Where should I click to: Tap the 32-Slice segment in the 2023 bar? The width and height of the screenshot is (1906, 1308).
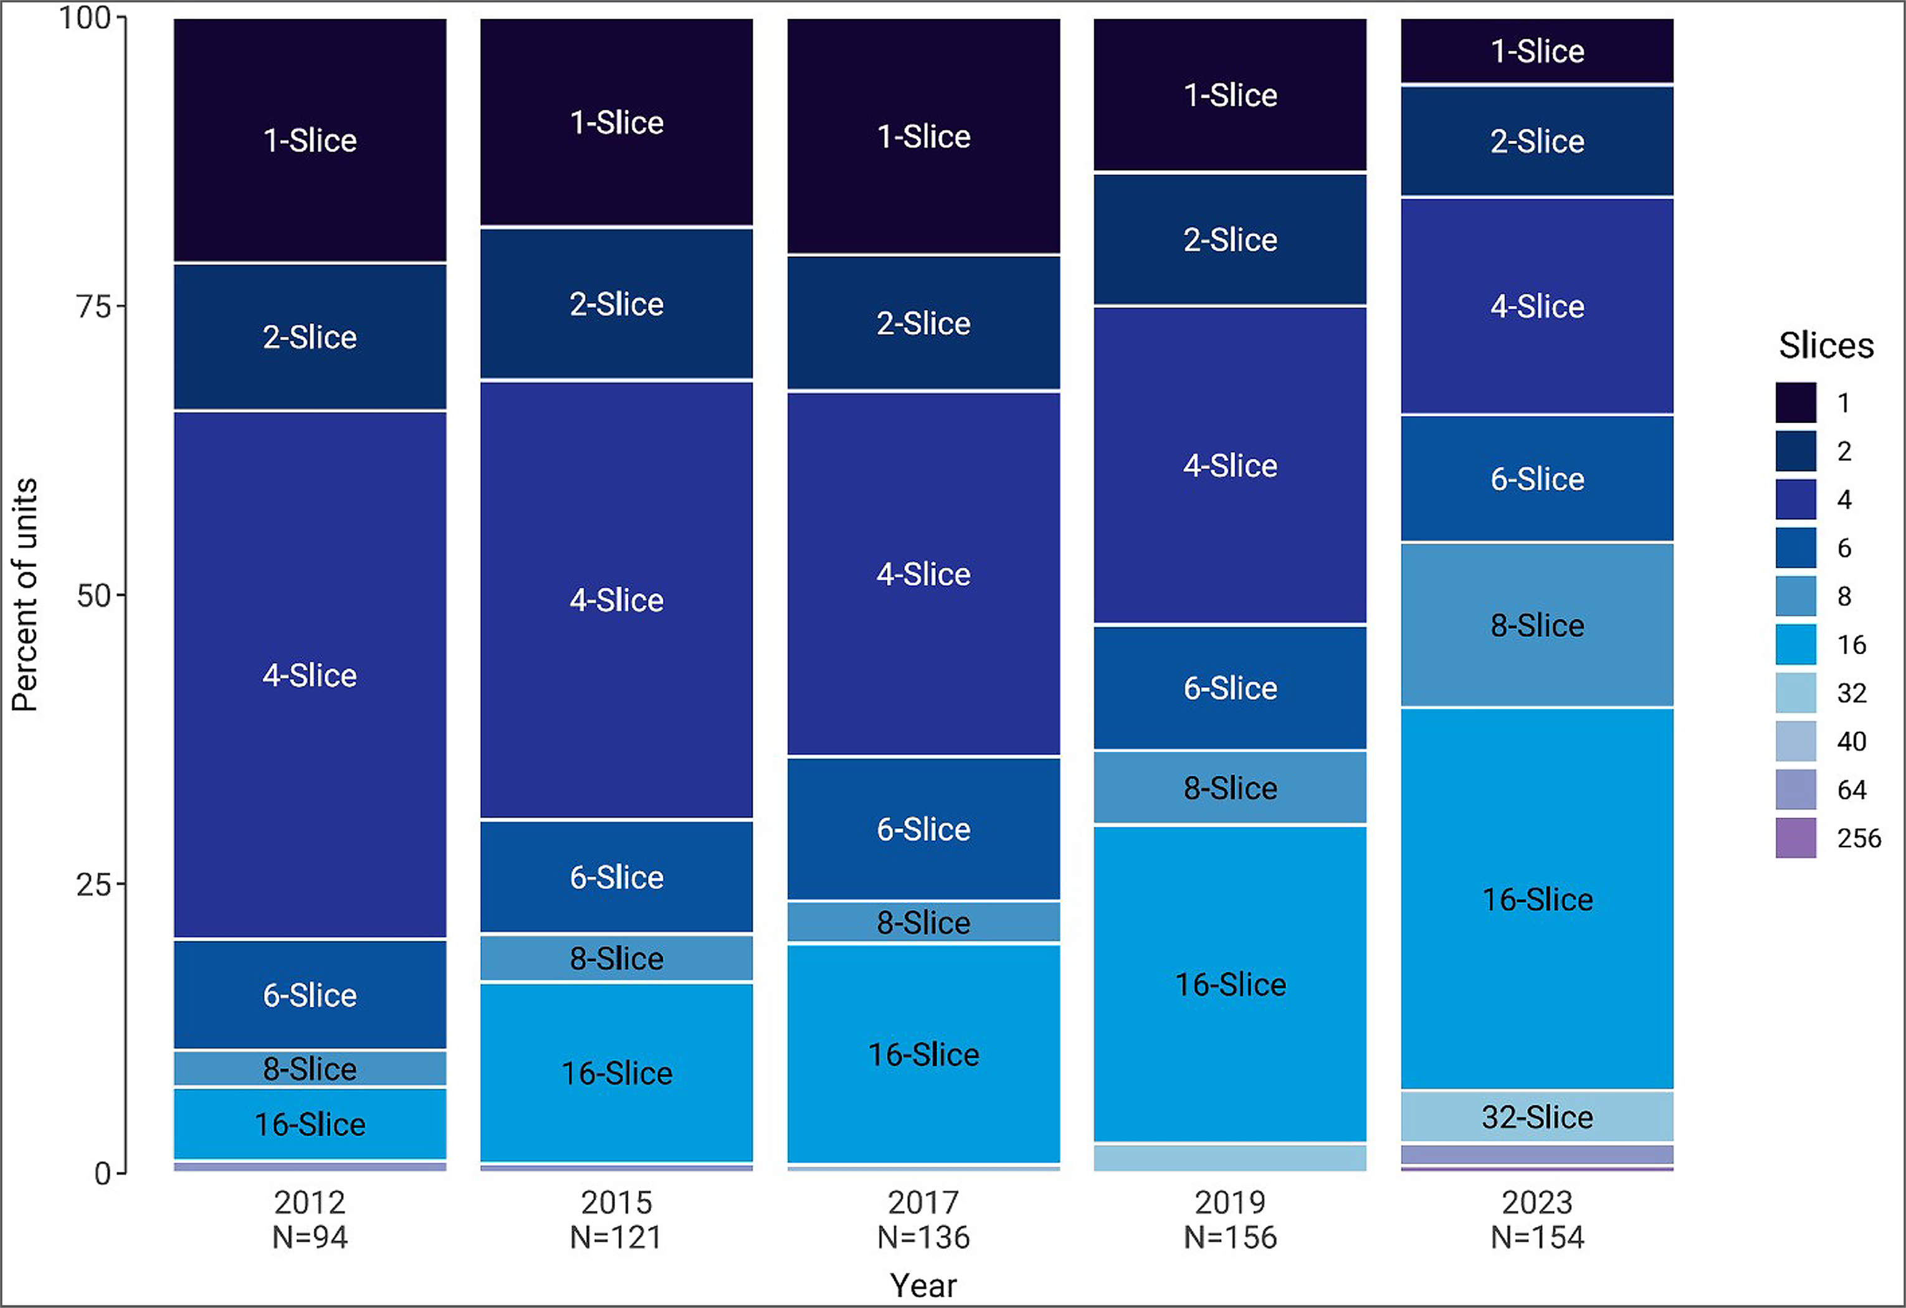click(1537, 1116)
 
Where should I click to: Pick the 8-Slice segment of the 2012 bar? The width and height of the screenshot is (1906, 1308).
click(310, 1069)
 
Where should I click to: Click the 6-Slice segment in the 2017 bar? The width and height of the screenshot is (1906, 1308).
click(923, 829)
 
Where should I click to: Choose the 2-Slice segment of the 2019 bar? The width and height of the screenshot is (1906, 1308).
click(1230, 239)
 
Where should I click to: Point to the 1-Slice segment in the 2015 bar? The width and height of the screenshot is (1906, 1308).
click(617, 122)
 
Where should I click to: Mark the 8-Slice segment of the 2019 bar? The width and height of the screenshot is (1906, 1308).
click(1230, 787)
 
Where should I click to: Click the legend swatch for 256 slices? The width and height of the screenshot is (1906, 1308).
click(1795, 837)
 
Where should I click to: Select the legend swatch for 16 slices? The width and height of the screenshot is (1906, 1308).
click(1795, 645)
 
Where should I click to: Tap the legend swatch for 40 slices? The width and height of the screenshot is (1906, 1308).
click(1795, 741)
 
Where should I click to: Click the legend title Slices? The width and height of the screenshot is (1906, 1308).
click(1826, 345)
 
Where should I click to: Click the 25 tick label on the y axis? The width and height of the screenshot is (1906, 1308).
click(93, 884)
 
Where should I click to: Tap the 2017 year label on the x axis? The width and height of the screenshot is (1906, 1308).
click(923, 1202)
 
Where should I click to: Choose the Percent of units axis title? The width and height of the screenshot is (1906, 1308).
click(24, 595)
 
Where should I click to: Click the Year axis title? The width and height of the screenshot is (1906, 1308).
click(923, 1285)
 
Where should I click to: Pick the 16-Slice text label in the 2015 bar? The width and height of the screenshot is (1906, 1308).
click(617, 1073)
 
